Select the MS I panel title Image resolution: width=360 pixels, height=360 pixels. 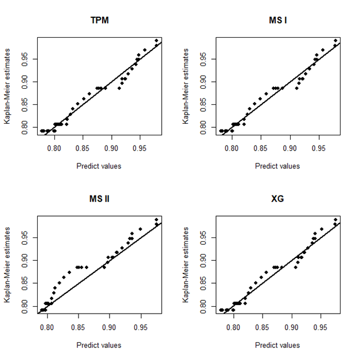coord(278,21)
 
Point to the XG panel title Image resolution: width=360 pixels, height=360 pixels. coord(278,199)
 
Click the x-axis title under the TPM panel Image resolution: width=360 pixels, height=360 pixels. coord(99,166)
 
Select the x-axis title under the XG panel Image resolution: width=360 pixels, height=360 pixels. coord(277,345)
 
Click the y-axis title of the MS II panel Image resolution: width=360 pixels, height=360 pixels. coord(10,263)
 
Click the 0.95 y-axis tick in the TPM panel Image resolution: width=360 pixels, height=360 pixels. coord(25,58)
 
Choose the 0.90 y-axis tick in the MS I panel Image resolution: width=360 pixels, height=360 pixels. coord(204,81)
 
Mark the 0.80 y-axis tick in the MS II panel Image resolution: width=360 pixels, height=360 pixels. coord(25,306)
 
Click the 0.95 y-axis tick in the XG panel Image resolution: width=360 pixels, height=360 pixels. coord(204,237)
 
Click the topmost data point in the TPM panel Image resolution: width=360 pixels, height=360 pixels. coord(156,40)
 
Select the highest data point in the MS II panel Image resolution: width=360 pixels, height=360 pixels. coord(156,219)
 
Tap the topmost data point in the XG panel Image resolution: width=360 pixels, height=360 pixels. coord(335,219)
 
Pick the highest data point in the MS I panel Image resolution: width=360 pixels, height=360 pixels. coord(335,40)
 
